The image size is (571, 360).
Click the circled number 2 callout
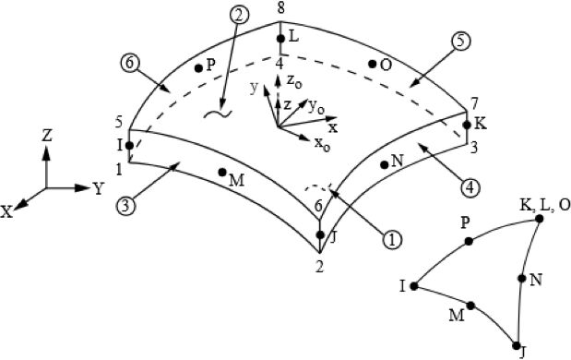point(239,16)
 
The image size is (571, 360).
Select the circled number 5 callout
point(461,42)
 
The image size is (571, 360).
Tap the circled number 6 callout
point(129,64)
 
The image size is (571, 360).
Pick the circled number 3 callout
point(125,206)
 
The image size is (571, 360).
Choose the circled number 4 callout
point(470,187)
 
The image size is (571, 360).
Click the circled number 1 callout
point(392,240)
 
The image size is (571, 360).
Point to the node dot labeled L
point(280,38)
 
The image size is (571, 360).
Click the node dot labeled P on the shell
point(198,67)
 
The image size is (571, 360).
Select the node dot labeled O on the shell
point(372,64)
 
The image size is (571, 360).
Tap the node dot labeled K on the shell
point(467,125)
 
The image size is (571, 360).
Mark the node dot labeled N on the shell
point(384,164)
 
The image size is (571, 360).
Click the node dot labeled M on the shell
point(222,172)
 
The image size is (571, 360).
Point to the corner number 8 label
point(280,8)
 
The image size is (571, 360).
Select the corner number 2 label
point(319,267)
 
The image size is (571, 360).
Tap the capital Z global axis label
point(47,136)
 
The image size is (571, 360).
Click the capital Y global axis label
point(99,188)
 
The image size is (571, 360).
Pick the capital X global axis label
point(6,211)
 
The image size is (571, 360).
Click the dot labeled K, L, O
point(540,219)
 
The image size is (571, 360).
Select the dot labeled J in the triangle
point(516,345)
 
